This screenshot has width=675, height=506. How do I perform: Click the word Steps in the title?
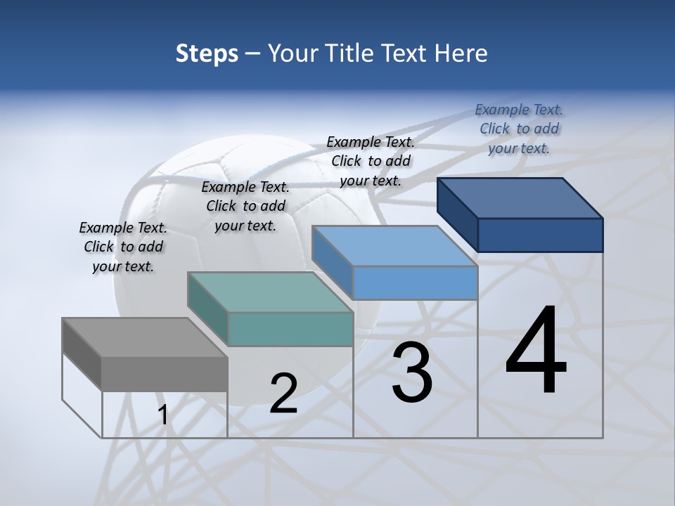coord(207,53)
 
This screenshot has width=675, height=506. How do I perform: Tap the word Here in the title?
coord(458,53)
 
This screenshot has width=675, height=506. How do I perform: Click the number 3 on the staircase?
coord(412,372)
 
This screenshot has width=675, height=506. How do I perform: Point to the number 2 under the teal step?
coord(283,394)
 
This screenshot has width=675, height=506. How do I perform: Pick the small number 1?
coord(162,415)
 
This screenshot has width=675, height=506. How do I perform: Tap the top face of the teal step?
coord(269,292)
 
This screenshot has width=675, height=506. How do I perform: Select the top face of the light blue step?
coord(394,246)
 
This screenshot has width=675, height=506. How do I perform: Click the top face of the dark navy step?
coord(519,197)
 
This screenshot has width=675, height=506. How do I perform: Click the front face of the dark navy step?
coord(540,235)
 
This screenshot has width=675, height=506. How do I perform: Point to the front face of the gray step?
coord(165,374)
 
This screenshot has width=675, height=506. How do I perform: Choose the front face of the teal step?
coord(290,329)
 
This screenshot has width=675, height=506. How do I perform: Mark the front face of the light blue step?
coord(415,283)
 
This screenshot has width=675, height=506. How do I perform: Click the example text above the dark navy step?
coord(519,129)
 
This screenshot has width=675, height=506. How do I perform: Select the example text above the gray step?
coord(123,247)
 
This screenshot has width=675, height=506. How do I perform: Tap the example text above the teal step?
coord(245,206)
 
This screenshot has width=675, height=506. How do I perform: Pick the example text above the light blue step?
coord(371,161)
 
